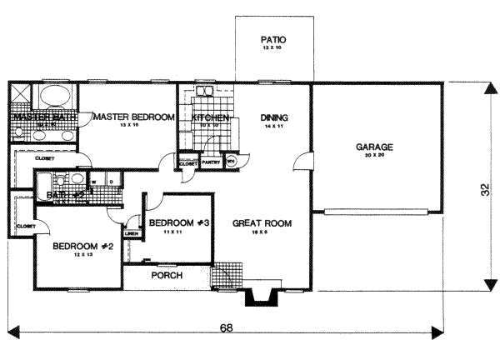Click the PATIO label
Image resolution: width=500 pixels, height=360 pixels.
[273, 38]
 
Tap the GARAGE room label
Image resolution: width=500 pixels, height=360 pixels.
[374, 147]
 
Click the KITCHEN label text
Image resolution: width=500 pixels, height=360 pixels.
[210, 118]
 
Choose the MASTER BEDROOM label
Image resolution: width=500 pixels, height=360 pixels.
[133, 117]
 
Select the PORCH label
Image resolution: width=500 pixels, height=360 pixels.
[166, 275]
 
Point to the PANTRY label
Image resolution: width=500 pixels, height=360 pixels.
[211, 163]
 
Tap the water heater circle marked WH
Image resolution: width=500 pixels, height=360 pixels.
[231, 162]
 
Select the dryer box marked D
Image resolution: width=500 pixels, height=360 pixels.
[110, 180]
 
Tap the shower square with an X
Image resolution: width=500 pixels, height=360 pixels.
[21, 93]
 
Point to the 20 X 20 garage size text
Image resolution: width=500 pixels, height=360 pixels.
[374, 156]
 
